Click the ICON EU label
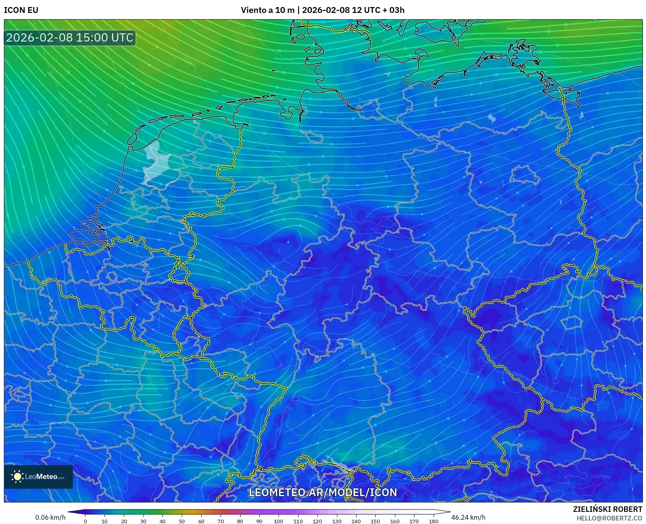point(21,10)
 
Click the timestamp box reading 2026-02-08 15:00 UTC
point(70,38)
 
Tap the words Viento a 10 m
point(267,10)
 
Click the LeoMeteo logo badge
point(38,477)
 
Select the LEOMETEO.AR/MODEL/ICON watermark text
point(323,492)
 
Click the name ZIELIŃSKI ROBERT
point(608,509)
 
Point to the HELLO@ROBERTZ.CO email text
point(609,518)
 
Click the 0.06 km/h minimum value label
point(50,517)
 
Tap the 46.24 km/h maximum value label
point(468,517)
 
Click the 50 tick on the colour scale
point(182,521)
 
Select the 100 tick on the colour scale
point(279,521)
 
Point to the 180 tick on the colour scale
point(433,521)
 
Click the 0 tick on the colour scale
point(85,521)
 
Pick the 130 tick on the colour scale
point(337,521)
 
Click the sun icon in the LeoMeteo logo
point(17,477)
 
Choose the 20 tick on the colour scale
point(124,521)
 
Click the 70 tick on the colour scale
point(221,521)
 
